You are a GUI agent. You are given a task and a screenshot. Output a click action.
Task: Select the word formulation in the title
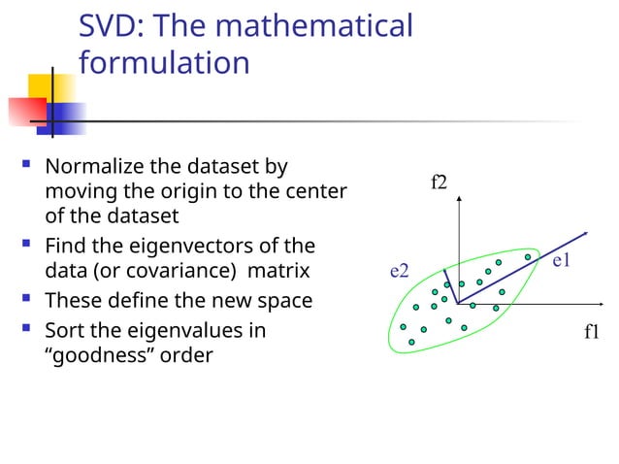pos(164,63)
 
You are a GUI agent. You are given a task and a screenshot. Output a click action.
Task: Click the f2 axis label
pos(439,182)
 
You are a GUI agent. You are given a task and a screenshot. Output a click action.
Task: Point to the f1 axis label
pos(592,332)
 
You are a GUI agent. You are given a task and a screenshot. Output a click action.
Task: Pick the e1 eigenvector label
pos(561,261)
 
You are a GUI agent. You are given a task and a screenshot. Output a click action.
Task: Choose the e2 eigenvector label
pos(399,271)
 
